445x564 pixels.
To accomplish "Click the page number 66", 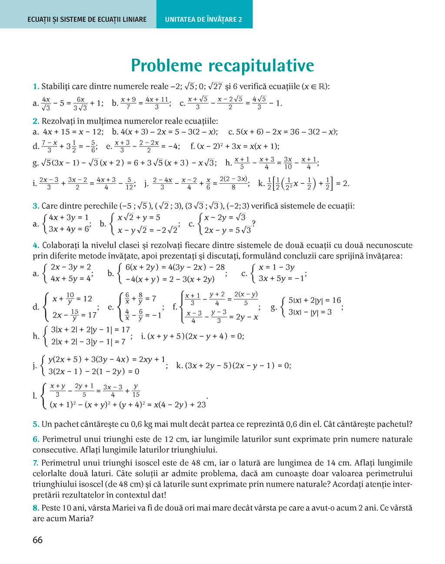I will click(37, 540).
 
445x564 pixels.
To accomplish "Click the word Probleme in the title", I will click(166, 66).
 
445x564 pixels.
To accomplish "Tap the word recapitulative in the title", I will click(261, 66).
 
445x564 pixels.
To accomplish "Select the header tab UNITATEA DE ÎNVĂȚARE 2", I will click(203, 20).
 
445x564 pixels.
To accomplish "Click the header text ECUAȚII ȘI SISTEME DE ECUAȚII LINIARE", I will click(87, 20).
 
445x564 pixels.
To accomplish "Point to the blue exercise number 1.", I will click(36, 86).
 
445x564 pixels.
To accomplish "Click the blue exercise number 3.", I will click(36, 206).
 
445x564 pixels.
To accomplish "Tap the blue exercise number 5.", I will click(36, 425).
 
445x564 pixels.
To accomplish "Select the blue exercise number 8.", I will click(36, 508).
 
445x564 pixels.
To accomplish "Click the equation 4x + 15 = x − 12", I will click(73, 132).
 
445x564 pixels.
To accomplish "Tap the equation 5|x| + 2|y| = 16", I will click(315, 300).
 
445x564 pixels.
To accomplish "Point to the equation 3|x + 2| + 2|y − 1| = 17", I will click(90, 330).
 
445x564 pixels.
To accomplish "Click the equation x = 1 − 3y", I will click(276, 267).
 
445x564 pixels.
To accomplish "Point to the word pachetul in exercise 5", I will click(392, 425).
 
